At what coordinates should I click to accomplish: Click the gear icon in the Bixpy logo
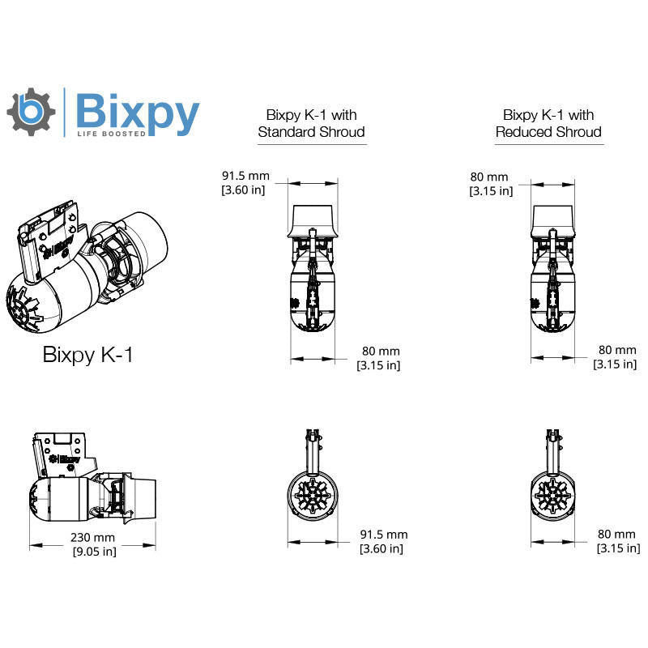(x=31, y=112)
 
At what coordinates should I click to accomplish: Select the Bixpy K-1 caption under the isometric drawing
(x=87, y=355)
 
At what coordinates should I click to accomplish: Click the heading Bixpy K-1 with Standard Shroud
(x=311, y=123)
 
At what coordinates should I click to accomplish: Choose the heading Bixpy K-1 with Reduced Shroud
(x=548, y=123)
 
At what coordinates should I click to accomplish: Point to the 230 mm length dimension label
(x=92, y=544)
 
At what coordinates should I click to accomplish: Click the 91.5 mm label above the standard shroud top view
(x=245, y=182)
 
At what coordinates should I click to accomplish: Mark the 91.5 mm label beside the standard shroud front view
(x=383, y=541)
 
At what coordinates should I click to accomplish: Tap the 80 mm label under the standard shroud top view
(x=378, y=357)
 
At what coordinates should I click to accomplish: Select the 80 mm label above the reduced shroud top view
(x=491, y=184)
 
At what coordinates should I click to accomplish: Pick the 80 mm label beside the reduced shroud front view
(x=617, y=541)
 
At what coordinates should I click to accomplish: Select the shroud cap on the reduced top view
(x=553, y=219)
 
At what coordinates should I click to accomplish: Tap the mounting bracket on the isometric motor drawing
(x=50, y=239)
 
